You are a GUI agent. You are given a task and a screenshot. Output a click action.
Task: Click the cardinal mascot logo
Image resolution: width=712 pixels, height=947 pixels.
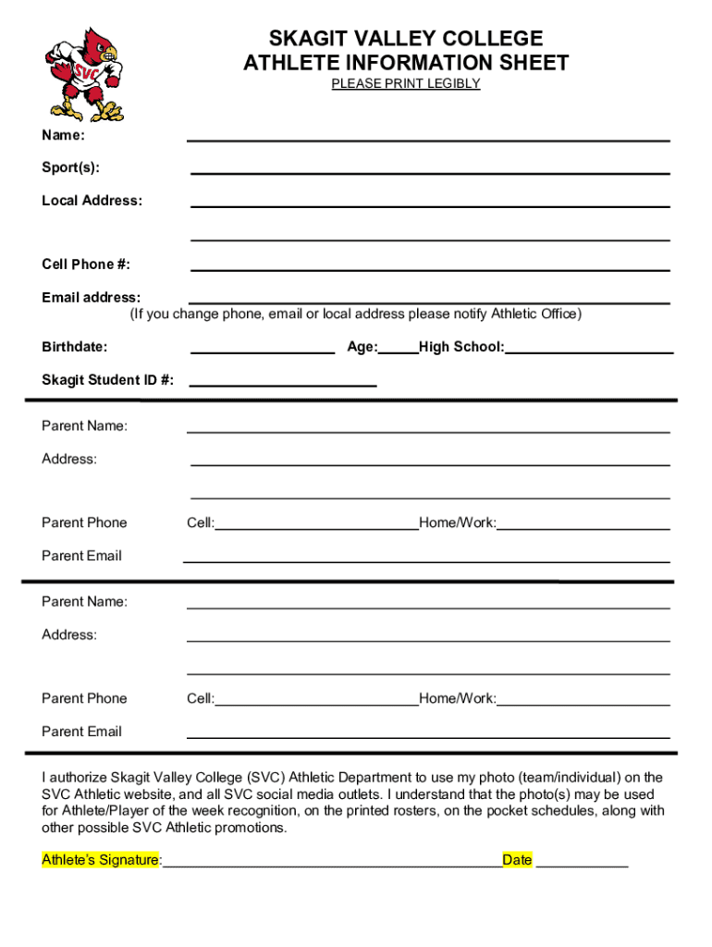point(84,73)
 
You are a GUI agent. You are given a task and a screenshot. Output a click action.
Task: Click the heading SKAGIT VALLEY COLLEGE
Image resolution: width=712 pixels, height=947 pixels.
point(406,39)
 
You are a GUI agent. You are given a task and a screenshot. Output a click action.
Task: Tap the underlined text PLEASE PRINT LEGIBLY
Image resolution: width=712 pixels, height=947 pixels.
point(406,83)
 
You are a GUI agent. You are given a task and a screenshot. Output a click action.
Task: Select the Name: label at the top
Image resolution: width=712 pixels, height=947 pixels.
point(64,135)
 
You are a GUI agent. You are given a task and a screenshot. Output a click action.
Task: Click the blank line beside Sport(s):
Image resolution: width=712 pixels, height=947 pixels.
point(430,171)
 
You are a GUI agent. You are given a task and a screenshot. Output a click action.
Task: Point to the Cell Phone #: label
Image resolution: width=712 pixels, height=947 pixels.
point(86,264)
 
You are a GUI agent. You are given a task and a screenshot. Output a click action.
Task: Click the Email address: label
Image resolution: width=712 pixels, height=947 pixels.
point(92,297)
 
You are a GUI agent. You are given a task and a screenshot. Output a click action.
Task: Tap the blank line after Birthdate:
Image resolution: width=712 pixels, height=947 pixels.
point(263,351)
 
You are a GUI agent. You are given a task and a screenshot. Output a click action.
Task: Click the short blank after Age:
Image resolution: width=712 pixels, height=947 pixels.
point(399,351)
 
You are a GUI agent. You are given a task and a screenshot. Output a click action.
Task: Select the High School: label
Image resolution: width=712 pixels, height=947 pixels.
point(461,347)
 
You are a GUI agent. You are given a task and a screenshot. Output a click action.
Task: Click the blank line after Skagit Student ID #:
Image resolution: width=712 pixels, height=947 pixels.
point(283,384)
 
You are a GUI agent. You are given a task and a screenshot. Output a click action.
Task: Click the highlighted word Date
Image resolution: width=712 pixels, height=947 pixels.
point(517,860)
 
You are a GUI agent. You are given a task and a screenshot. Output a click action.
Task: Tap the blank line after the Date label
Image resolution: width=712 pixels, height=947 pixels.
point(582,866)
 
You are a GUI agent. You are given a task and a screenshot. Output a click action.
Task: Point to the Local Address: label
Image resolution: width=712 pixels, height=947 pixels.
point(92,201)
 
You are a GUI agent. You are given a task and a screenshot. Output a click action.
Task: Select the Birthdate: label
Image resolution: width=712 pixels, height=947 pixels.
point(75,347)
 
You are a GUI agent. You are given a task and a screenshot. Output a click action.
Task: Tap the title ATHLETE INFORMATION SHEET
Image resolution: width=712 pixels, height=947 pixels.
point(406,63)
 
